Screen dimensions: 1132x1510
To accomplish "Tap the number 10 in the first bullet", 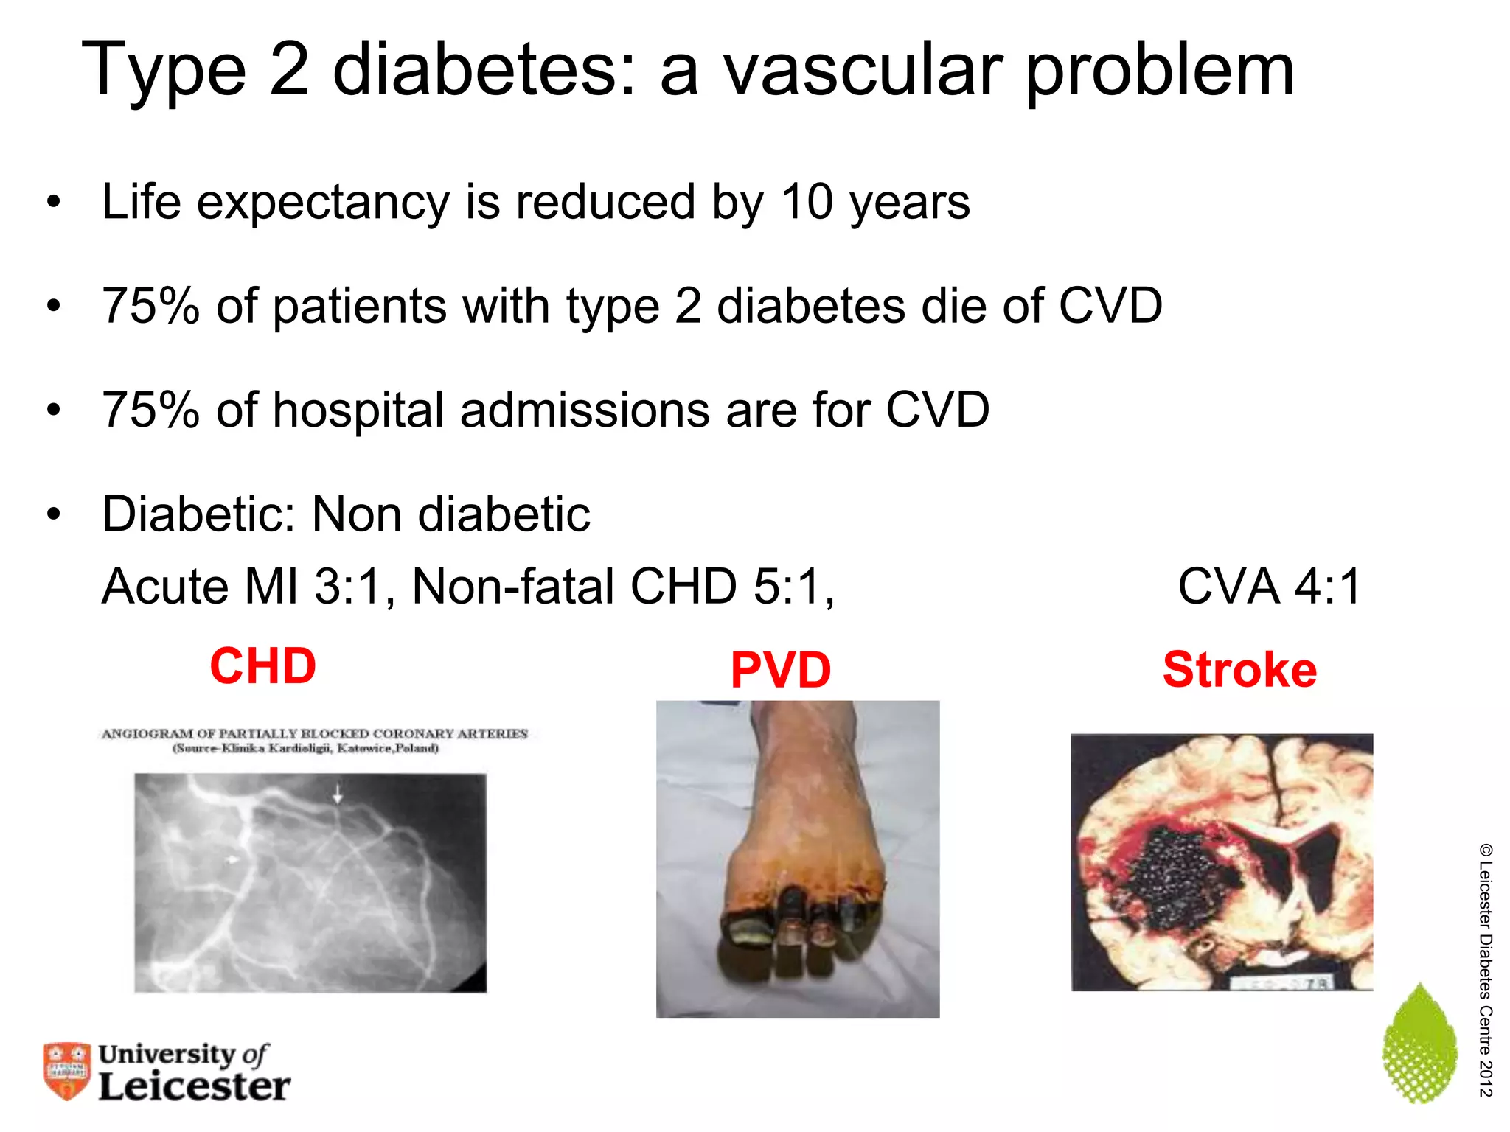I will click(809, 202).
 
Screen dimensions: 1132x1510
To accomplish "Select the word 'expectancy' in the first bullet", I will click(323, 203).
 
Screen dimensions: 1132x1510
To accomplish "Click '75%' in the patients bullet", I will click(151, 306).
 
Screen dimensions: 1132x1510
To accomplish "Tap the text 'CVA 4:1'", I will click(1269, 587).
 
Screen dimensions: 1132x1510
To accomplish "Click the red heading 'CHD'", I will click(263, 666).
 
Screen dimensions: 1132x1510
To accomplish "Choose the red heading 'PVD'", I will click(781, 671).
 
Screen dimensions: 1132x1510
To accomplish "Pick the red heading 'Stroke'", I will click(1240, 670).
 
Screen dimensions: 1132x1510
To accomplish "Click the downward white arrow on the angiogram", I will click(338, 794).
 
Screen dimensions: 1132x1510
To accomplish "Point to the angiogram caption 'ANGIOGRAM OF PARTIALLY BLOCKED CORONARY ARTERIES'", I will click(315, 734).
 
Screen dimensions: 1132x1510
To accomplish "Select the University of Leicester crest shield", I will click(66, 1070).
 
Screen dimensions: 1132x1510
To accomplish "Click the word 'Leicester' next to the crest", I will click(195, 1087).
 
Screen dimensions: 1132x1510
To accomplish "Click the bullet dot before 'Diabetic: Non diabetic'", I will click(53, 514).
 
